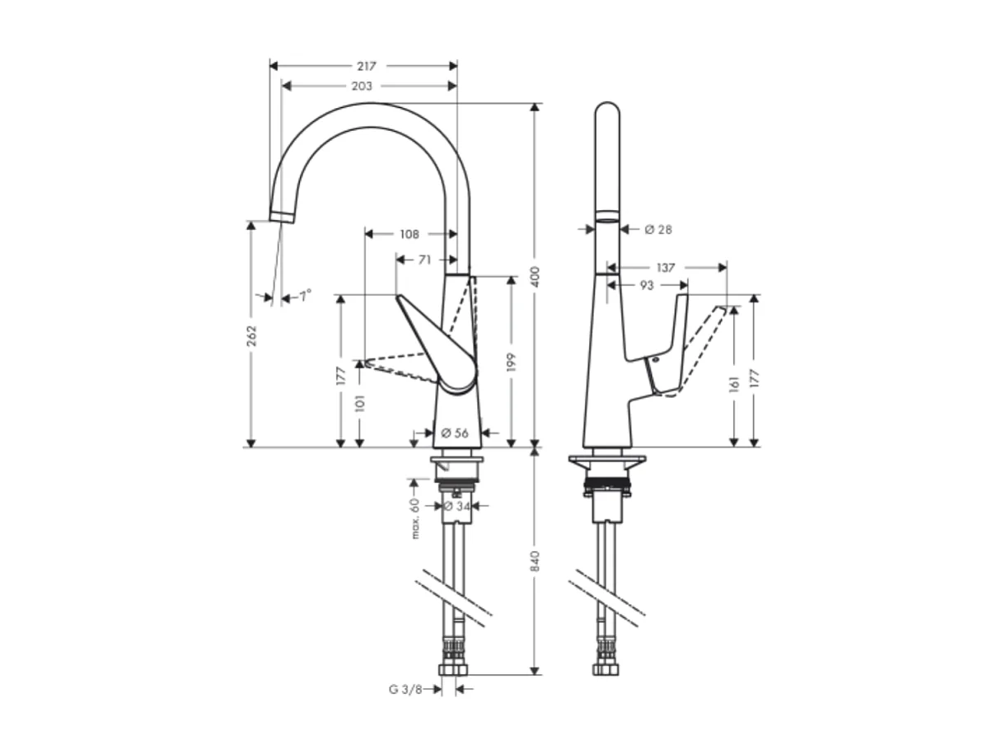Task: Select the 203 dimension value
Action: tap(362, 86)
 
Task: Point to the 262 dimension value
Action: tap(251, 335)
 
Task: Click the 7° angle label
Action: tap(305, 295)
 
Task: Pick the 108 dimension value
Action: tap(409, 234)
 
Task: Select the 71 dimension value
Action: tap(424, 260)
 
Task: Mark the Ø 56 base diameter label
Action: tap(455, 433)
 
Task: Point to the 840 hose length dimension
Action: tap(536, 561)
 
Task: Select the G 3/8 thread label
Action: tap(405, 690)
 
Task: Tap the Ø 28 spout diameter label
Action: tap(658, 229)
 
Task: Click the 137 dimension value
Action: tap(666, 268)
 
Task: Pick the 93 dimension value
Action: tap(647, 285)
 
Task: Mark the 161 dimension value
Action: tap(734, 384)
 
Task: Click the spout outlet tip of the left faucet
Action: tap(281, 216)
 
